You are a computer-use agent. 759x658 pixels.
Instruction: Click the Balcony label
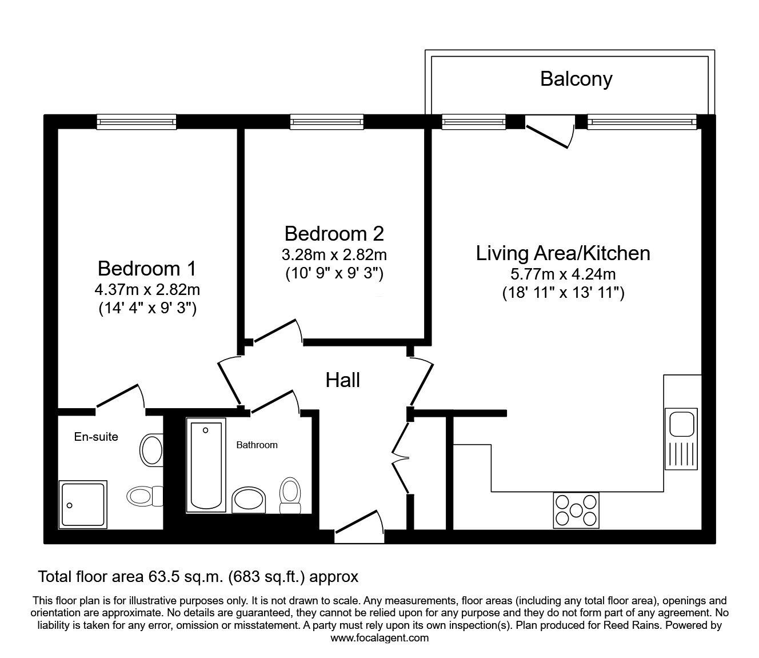coord(576,79)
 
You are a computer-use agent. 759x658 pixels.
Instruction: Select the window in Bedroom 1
coord(136,121)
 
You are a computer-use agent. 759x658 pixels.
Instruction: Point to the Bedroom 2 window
coord(326,121)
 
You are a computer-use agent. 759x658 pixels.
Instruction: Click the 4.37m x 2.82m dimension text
coord(147,289)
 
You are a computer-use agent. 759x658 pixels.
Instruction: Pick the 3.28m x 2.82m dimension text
coord(334,254)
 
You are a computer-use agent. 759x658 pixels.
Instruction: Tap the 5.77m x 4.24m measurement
coord(563,274)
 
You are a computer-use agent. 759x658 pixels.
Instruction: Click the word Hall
coord(343,380)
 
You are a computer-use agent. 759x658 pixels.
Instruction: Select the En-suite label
coord(96,437)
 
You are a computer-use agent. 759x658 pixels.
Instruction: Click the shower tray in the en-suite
coord(83,504)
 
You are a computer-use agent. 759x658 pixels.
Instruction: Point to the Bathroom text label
coord(257,445)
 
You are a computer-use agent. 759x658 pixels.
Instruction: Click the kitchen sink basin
coord(681,425)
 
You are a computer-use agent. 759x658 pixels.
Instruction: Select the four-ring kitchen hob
coord(576,510)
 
